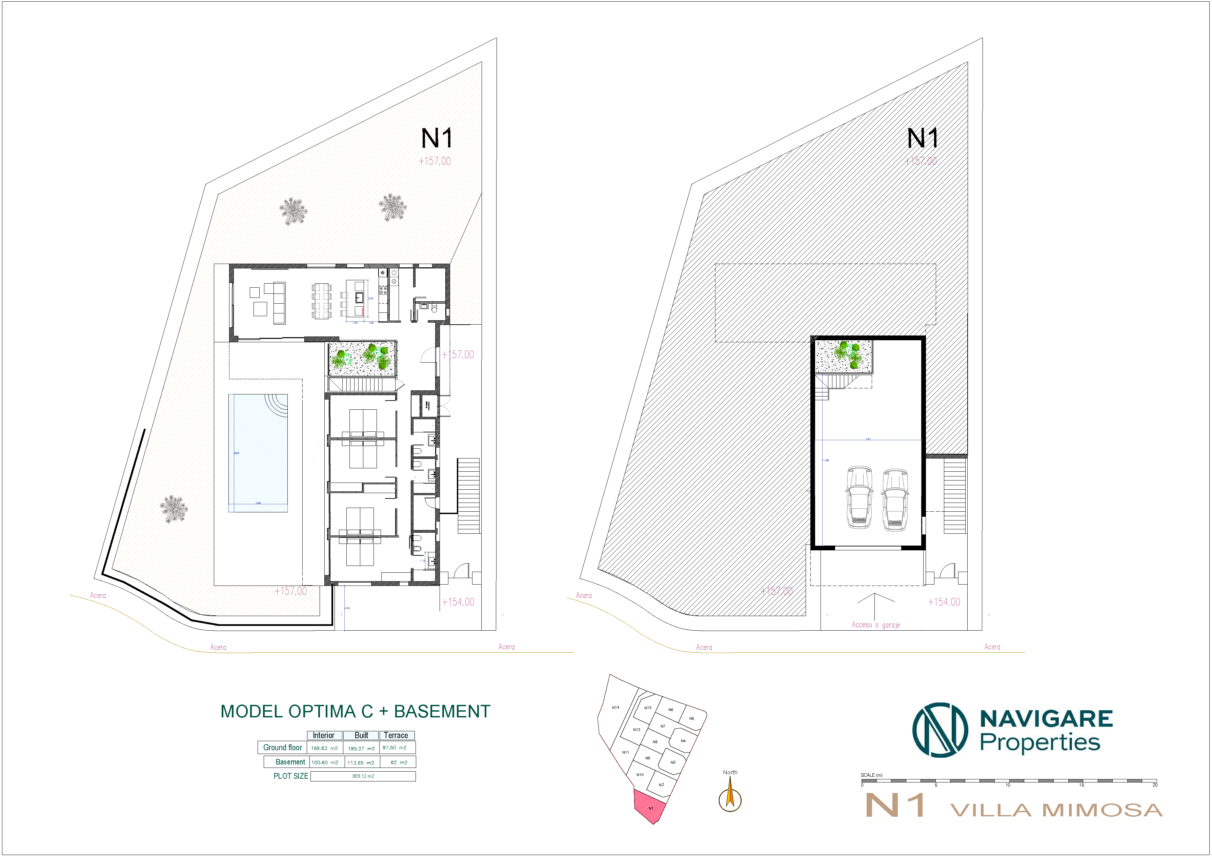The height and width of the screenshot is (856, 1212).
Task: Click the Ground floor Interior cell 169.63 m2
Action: coord(324,748)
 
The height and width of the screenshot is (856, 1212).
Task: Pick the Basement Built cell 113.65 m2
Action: coord(361,762)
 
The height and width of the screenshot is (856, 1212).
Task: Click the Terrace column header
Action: coord(396,735)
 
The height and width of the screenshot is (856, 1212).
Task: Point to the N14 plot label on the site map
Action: coord(615,707)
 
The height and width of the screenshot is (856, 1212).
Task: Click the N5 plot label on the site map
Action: coord(691,718)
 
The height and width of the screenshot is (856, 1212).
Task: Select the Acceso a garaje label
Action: coord(875,625)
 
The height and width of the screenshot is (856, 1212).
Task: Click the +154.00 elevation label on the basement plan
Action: coord(944,602)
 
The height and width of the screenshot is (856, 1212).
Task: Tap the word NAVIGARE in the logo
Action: coord(1046,719)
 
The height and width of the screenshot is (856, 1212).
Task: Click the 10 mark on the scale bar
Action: coord(1007,785)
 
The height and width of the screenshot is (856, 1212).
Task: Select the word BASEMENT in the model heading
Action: coord(442,711)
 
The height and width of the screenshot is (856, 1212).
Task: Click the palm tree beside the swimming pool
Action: coord(174,509)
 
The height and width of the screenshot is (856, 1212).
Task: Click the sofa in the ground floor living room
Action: coord(278,303)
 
